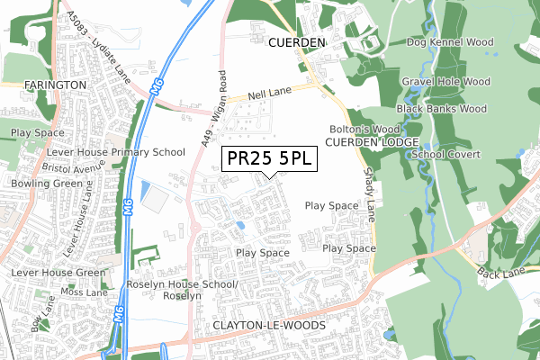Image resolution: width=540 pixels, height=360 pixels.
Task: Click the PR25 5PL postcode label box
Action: [269, 158]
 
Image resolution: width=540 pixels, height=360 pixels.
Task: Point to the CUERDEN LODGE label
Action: [372, 143]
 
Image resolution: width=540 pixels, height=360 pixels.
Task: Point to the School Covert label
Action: [448, 155]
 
